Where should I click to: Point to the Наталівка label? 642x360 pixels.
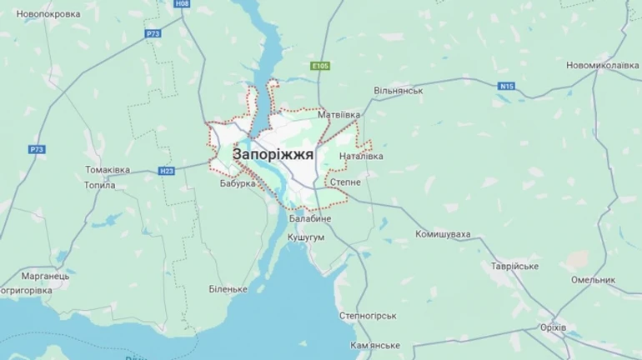(x=361, y=156)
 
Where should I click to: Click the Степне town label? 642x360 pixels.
(x=345, y=182)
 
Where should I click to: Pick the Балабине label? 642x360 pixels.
(x=310, y=218)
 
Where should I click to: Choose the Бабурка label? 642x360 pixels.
(x=238, y=183)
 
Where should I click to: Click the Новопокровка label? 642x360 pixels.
(x=48, y=14)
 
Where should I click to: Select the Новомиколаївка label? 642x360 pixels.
(x=603, y=65)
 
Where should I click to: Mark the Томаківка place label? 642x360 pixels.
(x=108, y=170)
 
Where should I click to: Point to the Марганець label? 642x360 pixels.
(x=47, y=276)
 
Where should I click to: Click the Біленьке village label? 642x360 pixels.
(x=228, y=288)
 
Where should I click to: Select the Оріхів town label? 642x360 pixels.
(x=553, y=327)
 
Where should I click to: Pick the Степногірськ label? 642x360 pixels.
(x=367, y=316)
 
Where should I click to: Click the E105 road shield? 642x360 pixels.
(x=319, y=66)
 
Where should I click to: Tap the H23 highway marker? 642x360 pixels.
(x=166, y=171)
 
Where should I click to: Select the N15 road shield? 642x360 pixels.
(x=507, y=86)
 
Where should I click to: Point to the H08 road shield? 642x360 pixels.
(x=183, y=4)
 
